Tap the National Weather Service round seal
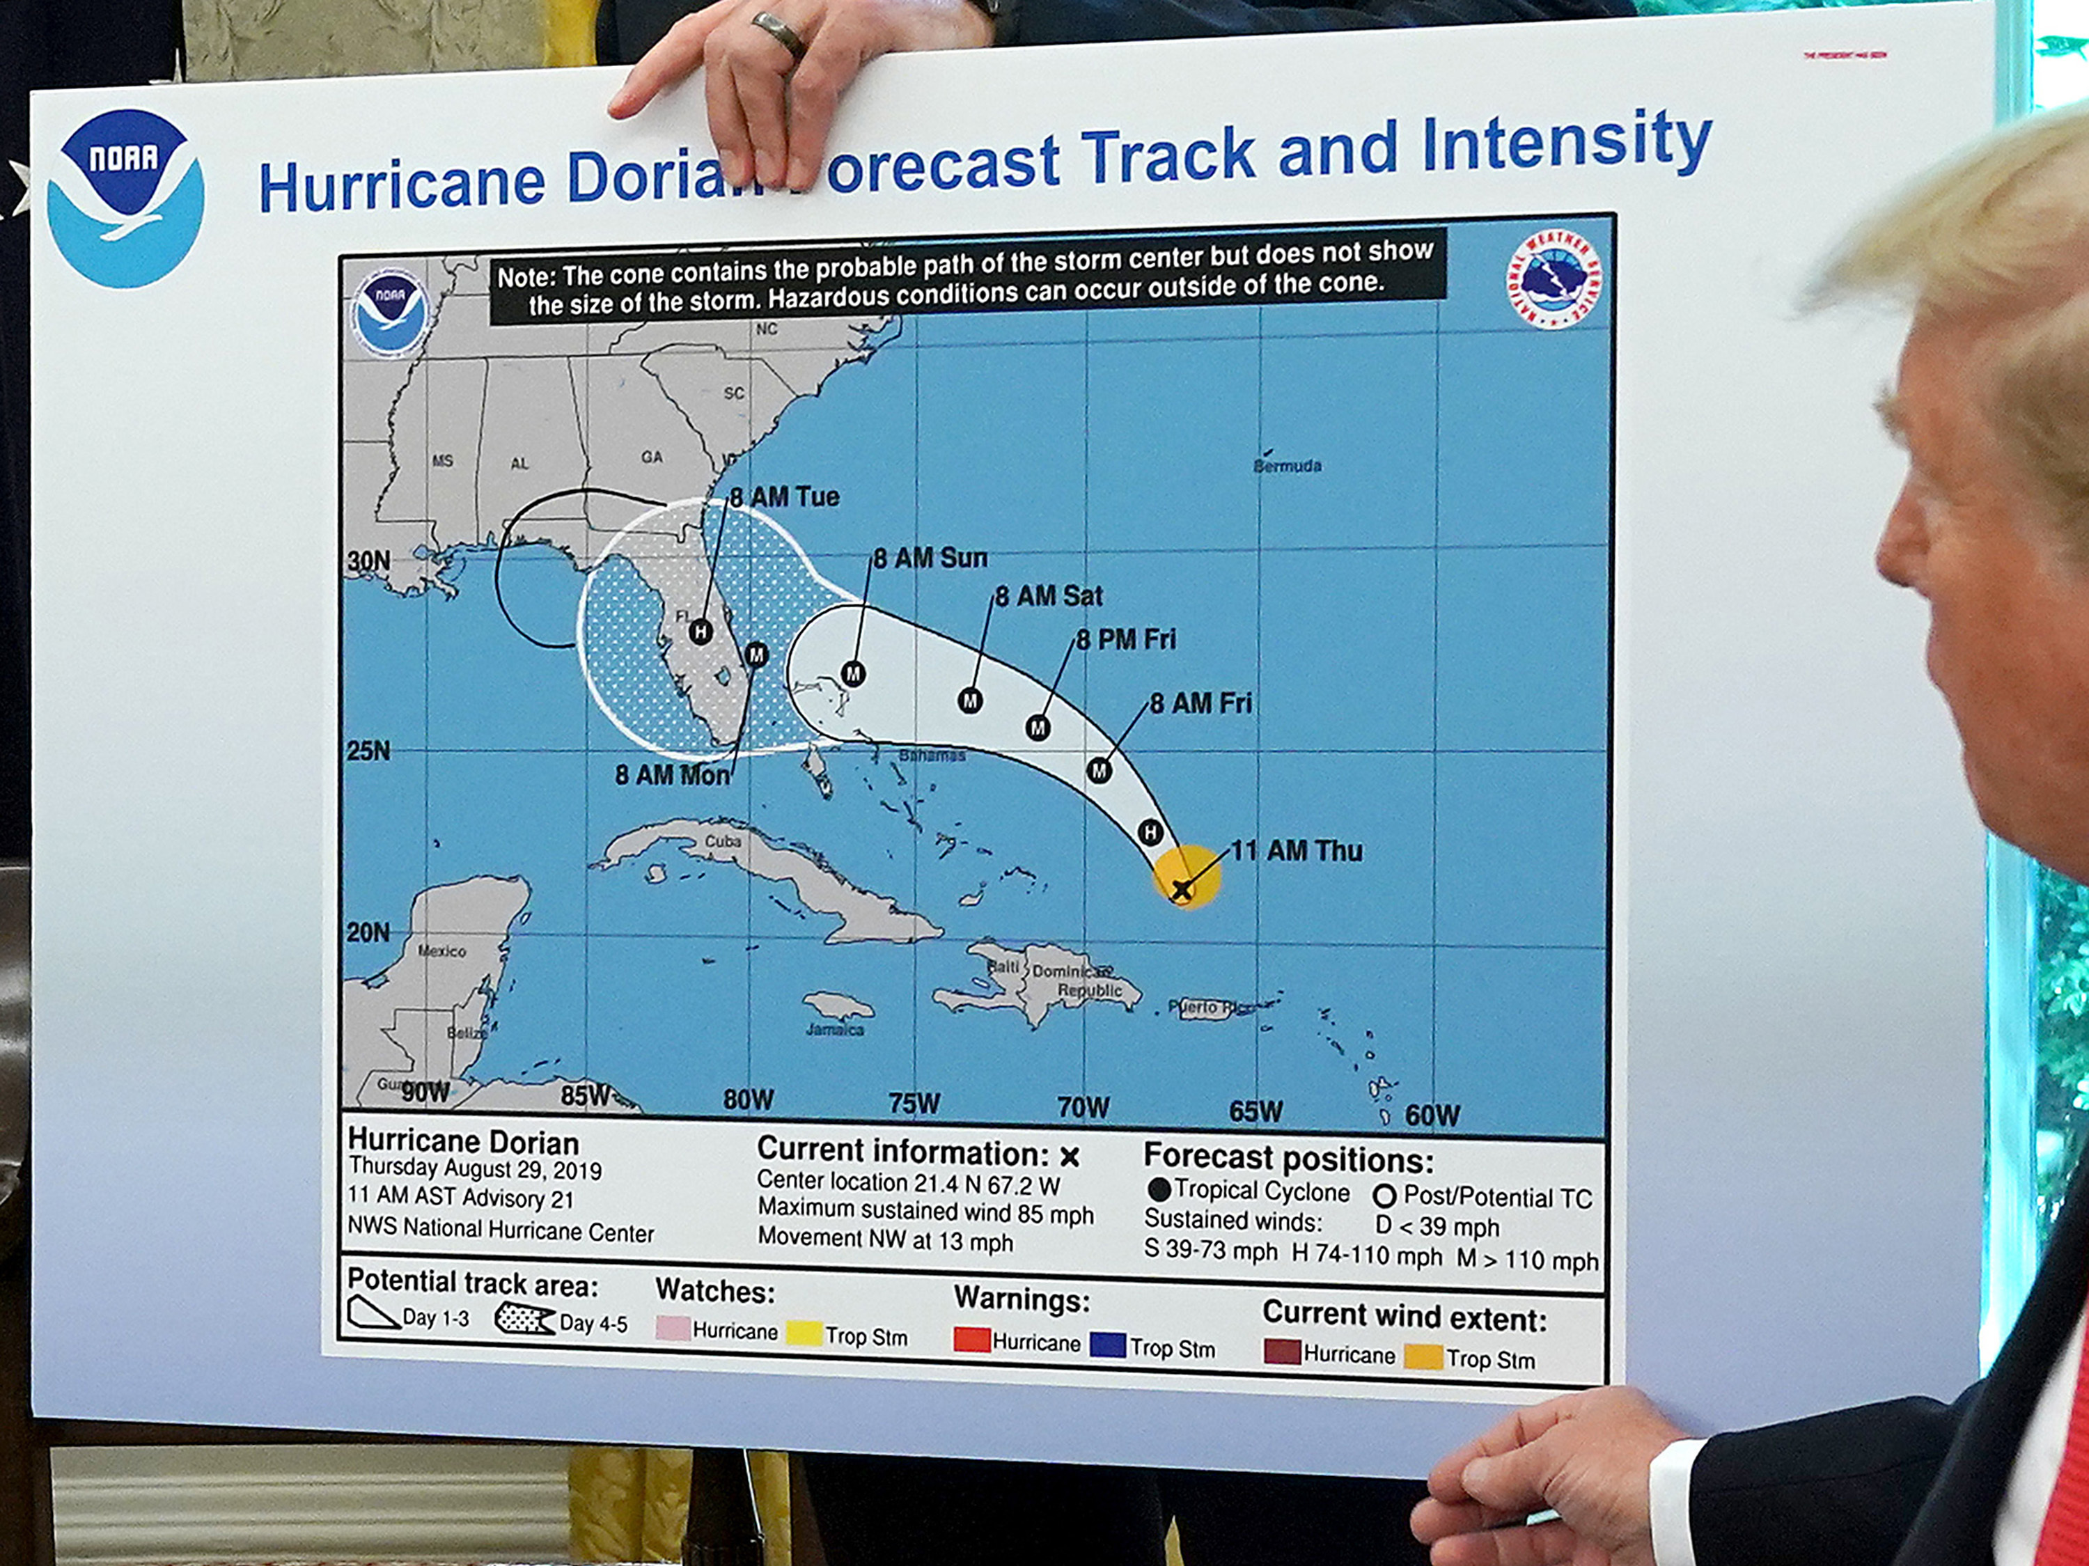[1554, 281]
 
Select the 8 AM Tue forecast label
[784, 496]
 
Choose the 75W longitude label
[914, 1103]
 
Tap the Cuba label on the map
[723, 840]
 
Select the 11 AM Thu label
[1297, 851]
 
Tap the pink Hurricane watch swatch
[673, 1328]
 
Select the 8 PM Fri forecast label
[1126, 639]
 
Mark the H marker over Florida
[701, 631]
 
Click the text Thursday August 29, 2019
[475, 1169]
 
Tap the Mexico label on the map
[442, 951]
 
